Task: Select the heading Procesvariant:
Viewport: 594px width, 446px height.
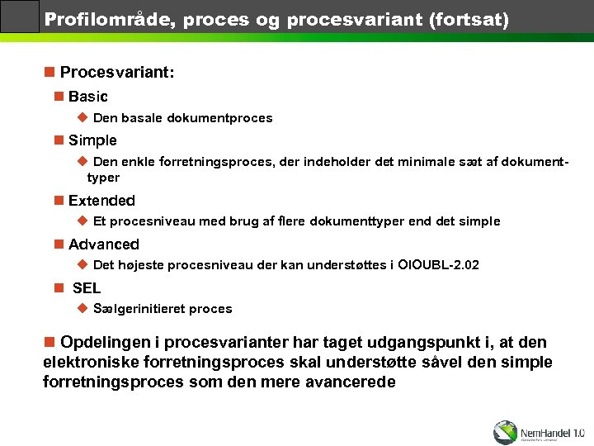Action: [117, 72]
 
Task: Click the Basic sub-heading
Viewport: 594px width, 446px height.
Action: [88, 97]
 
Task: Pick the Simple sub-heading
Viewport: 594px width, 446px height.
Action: [92, 140]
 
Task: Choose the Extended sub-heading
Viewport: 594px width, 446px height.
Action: [101, 201]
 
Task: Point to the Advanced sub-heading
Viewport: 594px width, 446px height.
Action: [104, 244]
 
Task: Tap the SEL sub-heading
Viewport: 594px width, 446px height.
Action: [87, 288]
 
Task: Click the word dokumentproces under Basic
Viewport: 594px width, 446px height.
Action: [219, 118]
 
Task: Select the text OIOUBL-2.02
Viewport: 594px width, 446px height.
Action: [438, 265]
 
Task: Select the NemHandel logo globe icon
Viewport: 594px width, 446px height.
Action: [505, 432]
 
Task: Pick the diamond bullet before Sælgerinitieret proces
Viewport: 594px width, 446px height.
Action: [82, 308]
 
